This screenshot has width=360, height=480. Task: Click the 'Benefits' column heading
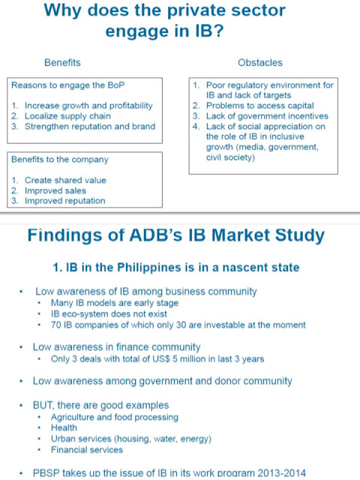point(62,62)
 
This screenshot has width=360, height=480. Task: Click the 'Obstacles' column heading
point(260,62)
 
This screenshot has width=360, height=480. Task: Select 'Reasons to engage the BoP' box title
point(68,85)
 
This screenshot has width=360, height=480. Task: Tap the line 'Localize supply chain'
point(67,116)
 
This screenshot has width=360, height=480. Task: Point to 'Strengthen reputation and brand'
point(90,127)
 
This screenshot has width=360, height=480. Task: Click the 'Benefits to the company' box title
point(60,160)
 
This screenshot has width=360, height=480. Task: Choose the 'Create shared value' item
point(65,180)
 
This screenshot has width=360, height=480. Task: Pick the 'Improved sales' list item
point(55,190)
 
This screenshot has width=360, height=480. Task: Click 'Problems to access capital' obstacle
point(260,106)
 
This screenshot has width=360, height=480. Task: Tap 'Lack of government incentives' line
point(267,116)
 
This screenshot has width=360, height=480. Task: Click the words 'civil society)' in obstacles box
point(230,157)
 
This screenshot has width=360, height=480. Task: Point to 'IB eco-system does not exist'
point(109,313)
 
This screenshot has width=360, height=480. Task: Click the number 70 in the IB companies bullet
point(56,325)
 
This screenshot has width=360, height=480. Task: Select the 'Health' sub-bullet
point(64,427)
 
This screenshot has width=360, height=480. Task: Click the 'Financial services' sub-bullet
point(87,450)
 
